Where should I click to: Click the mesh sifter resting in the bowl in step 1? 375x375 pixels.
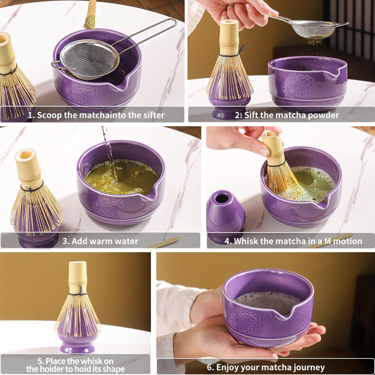tap(89, 59)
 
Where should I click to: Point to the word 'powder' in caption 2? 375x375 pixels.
tap(323, 115)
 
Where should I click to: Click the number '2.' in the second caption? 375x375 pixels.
tap(238, 115)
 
